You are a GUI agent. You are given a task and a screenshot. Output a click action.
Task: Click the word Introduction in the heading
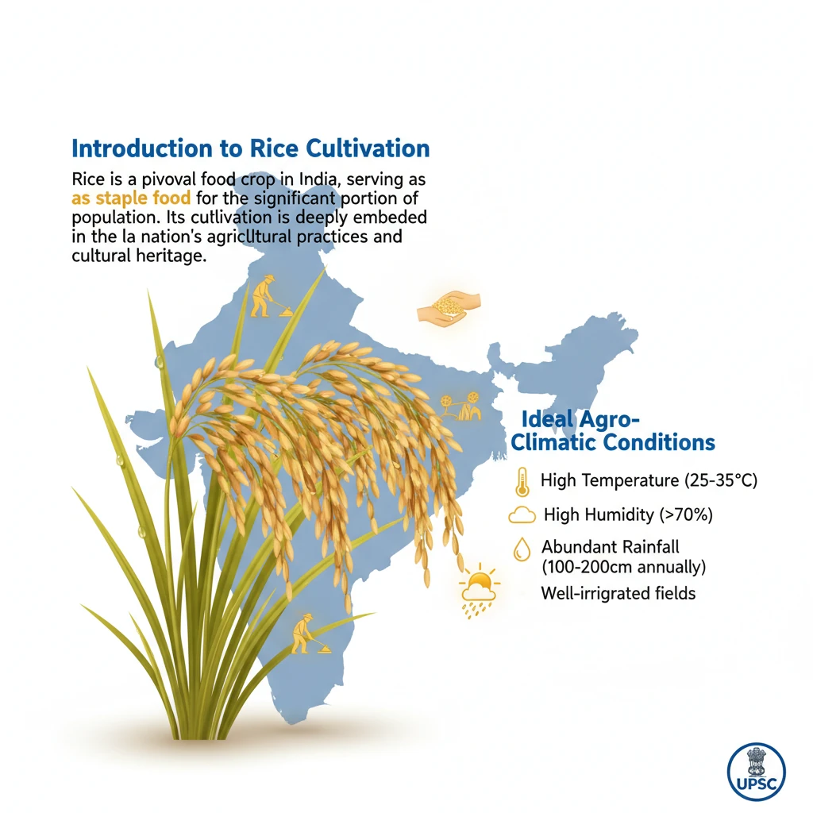pyautogui.click(x=142, y=148)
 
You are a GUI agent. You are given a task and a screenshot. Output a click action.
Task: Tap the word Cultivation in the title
pyautogui.click(x=368, y=148)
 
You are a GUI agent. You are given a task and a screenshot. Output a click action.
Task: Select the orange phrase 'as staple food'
pyautogui.click(x=131, y=198)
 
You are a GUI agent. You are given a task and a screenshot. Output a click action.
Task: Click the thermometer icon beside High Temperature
pyautogui.click(x=522, y=482)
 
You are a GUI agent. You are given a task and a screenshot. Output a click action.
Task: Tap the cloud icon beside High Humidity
pyautogui.click(x=522, y=514)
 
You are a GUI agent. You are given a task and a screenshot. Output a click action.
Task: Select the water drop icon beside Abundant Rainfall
pyautogui.click(x=522, y=549)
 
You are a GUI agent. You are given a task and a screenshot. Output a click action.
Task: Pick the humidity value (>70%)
pyautogui.click(x=686, y=514)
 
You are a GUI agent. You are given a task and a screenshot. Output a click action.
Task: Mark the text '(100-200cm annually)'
pyautogui.click(x=624, y=567)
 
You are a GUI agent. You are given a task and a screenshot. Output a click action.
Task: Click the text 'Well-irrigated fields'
pyautogui.click(x=618, y=593)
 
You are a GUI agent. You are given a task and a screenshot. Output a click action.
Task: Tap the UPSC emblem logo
pyautogui.click(x=757, y=772)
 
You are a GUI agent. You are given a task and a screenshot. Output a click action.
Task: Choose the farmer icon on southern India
pyautogui.click(x=309, y=634)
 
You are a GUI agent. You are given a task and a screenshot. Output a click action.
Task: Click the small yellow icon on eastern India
pyautogui.click(x=461, y=406)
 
